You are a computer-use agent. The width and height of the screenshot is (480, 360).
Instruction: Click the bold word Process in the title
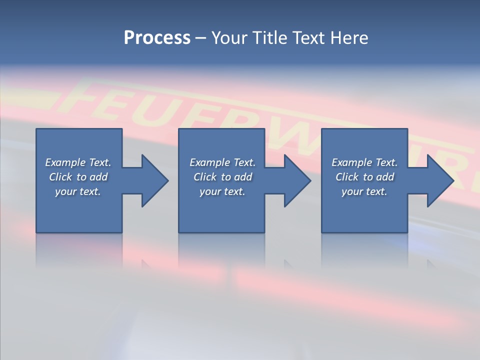point(157,38)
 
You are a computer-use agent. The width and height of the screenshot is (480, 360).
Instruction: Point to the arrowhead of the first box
point(153,180)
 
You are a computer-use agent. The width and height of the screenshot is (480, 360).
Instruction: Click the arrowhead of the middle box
point(295,180)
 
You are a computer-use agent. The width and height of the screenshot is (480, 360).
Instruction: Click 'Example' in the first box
point(65,162)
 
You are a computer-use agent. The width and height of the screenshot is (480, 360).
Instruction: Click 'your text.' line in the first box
point(78,191)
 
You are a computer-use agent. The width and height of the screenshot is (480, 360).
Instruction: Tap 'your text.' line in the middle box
point(222,191)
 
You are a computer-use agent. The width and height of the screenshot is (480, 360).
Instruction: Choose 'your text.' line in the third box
point(364,191)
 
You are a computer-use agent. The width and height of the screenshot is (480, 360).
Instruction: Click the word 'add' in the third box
point(385,177)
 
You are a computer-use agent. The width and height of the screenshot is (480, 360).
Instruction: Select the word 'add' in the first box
point(99,177)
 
